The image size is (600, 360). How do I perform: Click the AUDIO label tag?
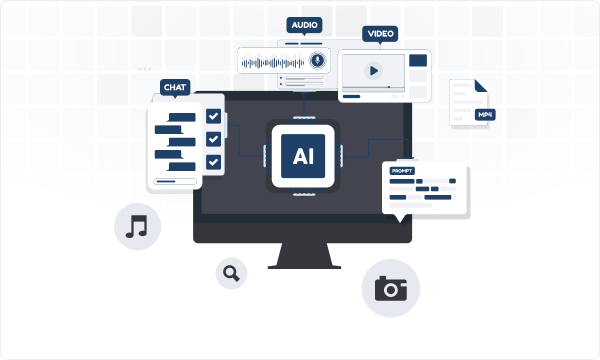coord(304,25)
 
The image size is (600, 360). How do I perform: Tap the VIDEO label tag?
coord(380,34)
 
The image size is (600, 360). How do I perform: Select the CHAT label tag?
coord(175,87)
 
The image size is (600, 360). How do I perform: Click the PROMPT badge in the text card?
coord(402,171)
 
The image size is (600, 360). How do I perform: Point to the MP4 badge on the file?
coord(485,115)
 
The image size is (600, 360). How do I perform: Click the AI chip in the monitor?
coord(303,156)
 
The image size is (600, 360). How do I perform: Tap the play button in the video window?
coord(374,70)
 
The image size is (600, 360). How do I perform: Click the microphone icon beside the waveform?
coord(317,60)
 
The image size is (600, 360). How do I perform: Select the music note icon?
coord(137,226)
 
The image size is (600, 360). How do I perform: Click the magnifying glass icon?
coord(231,273)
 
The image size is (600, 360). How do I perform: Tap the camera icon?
coord(391,288)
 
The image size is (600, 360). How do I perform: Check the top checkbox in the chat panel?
coord(213,116)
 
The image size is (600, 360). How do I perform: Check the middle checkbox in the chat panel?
coord(213,139)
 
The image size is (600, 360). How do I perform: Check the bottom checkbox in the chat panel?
coord(213,162)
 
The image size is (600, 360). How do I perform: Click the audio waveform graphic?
coord(273,62)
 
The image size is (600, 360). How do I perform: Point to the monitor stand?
coord(304,256)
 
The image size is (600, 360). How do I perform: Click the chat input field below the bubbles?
coord(175,181)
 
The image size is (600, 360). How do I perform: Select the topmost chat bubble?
coord(182,117)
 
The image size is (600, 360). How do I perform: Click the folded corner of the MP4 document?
coord(481,86)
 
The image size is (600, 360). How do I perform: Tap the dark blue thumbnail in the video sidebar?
coord(418,60)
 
